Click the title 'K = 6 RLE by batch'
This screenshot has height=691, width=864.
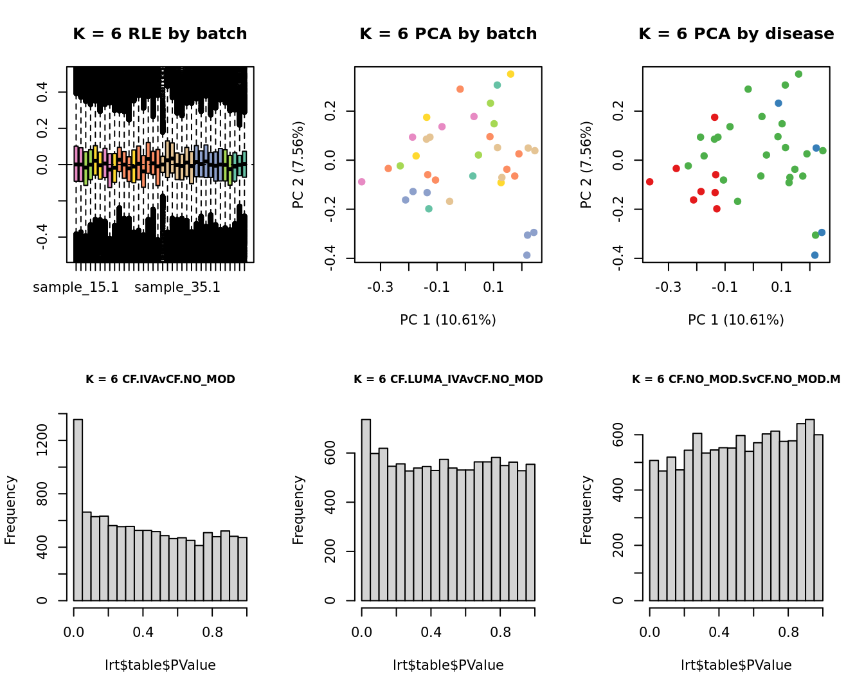160,34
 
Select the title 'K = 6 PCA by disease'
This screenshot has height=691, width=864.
736,34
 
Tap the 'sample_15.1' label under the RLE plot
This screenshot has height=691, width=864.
76,287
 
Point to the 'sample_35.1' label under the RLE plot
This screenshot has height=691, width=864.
177,287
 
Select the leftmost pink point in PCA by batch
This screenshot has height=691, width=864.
362,182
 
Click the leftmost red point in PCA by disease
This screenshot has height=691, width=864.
650,182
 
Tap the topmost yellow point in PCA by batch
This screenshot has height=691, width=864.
510,74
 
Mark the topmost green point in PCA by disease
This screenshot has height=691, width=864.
798,74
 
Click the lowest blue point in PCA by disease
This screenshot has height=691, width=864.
815,255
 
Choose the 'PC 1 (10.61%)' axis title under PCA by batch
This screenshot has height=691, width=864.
448,320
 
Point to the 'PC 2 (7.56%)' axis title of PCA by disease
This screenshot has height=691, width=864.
586,165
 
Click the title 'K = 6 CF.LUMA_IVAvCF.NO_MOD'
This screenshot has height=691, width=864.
448,379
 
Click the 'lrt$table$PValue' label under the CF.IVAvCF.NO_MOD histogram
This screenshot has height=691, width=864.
160,665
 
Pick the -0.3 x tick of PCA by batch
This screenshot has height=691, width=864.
381,287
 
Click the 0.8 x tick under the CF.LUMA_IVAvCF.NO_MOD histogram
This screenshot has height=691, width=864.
500,633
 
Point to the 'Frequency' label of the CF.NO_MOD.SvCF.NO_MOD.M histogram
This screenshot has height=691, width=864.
586,510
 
